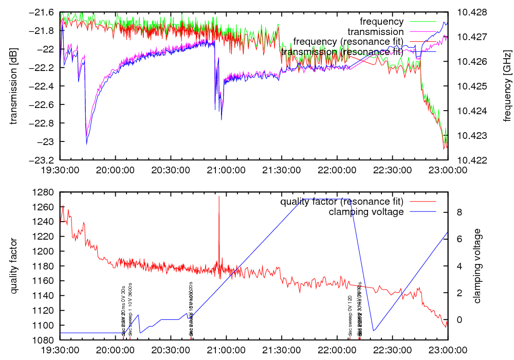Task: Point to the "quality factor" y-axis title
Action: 14,266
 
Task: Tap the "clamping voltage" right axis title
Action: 478,266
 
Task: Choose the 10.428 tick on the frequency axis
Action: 468,12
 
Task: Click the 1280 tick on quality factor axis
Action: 44,192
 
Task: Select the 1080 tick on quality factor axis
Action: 44,340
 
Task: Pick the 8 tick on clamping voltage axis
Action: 459,212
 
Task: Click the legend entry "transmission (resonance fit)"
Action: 342,52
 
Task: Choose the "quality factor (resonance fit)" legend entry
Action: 342,202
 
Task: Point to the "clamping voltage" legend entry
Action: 366,211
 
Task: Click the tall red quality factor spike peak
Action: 219,196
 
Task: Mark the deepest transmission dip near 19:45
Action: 86,145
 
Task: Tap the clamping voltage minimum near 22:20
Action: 374,331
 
